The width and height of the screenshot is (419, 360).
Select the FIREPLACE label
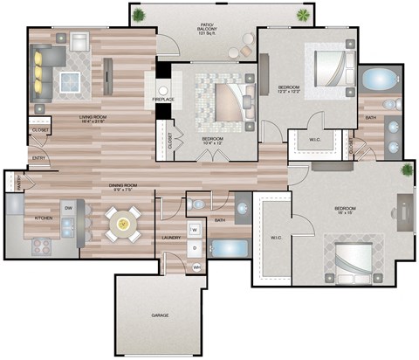tap(163, 99)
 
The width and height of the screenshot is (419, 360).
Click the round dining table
tap(123, 223)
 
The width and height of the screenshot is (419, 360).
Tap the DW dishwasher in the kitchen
tap(67, 207)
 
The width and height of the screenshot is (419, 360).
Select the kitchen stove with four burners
tap(41, 246)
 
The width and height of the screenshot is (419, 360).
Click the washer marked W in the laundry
tap(195, 230)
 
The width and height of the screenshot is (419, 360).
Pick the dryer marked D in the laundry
tap(195, 248)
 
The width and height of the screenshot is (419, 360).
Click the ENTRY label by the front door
tap(39, 158)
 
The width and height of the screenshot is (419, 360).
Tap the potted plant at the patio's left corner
tap(139, 16)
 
